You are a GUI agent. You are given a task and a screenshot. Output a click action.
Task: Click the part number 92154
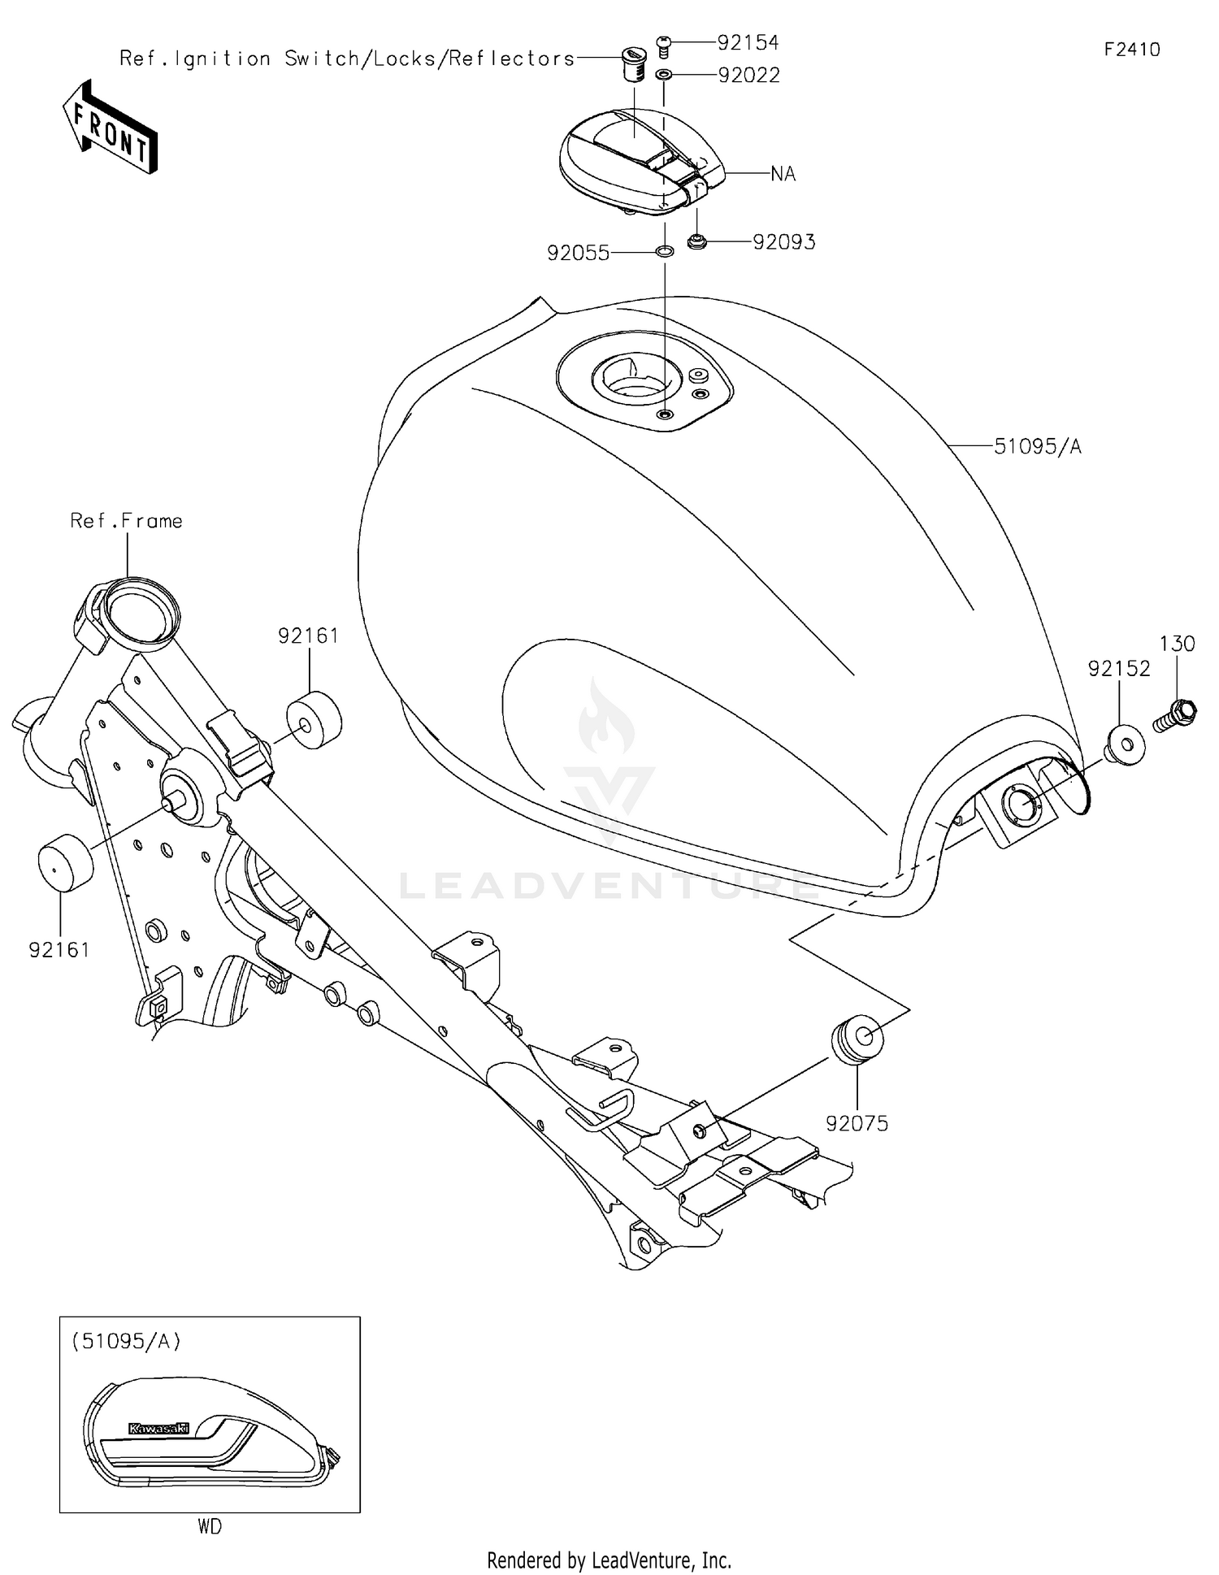(x=748, y=42)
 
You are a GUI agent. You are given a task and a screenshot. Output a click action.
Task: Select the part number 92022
(x=748, y=76)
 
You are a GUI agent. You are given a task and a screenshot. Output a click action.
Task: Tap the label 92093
(x=783, y=242)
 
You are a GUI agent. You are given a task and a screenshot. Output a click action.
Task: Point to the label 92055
(x=578, y=254)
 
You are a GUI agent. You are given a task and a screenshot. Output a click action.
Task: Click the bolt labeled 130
(x=1175, y=716)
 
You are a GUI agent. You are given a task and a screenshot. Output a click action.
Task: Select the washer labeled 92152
(x=1126, y=743)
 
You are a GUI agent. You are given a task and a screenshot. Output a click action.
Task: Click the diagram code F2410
(x=1131, y=50)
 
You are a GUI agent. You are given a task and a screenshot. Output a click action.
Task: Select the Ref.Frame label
(x=126, y=521)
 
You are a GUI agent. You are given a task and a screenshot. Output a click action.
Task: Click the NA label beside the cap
(x=783, y=174)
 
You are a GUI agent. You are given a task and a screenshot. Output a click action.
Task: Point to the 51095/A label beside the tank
(x=1038, y=446)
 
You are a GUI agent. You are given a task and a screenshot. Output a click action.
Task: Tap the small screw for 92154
(x=663, y=45)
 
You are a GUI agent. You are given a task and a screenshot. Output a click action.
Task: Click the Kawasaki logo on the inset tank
(x=158, y=1428)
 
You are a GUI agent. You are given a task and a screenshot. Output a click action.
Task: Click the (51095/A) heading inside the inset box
(x=126, y=1342)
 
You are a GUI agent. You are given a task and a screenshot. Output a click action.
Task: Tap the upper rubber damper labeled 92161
(x=314, y=719)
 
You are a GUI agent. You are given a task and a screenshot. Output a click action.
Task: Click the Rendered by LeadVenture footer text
(x=609, y=1560)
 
